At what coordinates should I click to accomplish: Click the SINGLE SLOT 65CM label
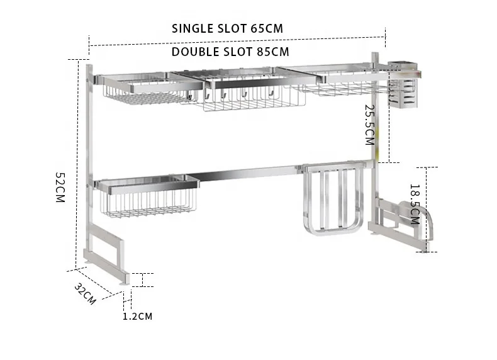point(227,29)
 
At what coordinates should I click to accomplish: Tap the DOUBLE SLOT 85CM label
point(230,52)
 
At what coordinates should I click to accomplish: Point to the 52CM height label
point(60,187)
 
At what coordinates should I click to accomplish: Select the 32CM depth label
point(85,294)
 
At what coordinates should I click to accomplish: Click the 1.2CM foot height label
point(137,317)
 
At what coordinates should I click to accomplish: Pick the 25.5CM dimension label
point(369,124)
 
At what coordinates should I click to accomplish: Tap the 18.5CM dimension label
point(414,204)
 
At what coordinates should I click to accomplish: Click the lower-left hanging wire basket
point(148,200)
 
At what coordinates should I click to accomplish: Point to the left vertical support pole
point(88,157)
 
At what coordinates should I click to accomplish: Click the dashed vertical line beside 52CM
point(69,164)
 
